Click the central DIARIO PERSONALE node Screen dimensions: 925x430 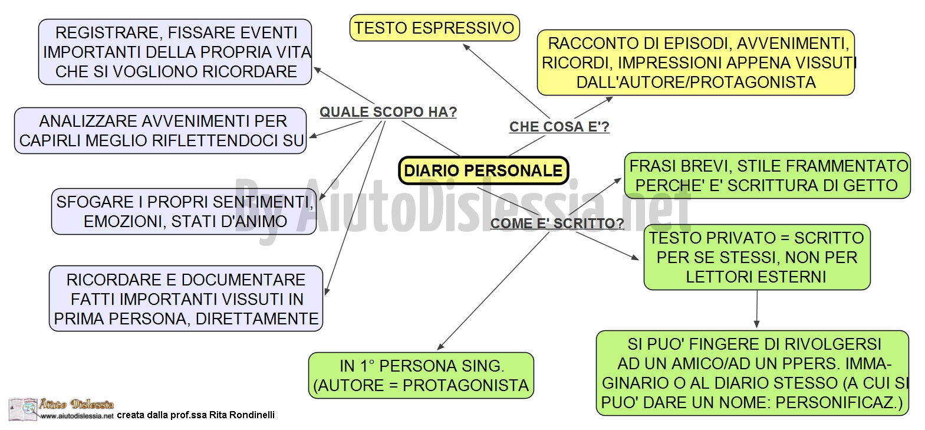click(x=483, y=170)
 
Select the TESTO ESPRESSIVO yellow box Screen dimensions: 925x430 click(x=434, y=28)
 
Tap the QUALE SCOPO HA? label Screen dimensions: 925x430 click(x=388, y=112)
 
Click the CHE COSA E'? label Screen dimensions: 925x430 click(x=559, y=127)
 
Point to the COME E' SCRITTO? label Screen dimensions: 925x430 click(x=557, y=224)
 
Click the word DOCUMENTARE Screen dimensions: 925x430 click(x=243, y=280)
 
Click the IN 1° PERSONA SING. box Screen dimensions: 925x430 click(x=421, y=376)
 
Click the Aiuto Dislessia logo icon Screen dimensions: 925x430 click(x=24, y=409)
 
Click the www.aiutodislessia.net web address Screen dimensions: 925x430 click(x=77, y=416)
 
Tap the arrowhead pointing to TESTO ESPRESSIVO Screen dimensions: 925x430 click(x=467, y=48)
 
